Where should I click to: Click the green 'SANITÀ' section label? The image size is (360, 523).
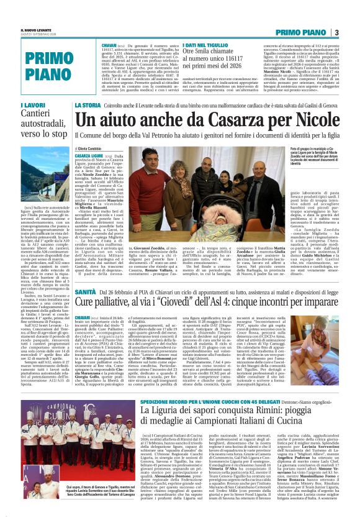85,292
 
